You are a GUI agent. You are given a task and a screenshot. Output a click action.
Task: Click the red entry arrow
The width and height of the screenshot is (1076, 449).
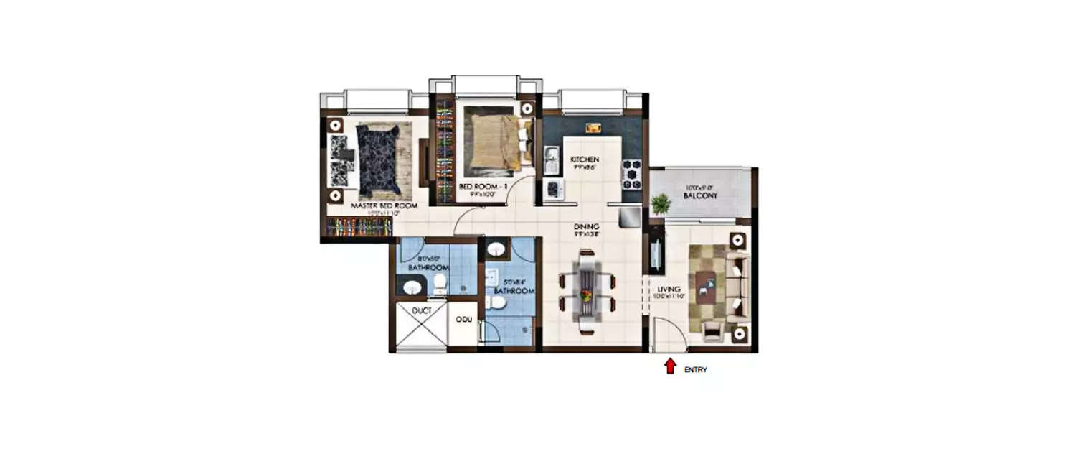coord(670,366)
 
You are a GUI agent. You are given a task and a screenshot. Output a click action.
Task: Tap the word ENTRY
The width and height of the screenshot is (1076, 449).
coord(695,371)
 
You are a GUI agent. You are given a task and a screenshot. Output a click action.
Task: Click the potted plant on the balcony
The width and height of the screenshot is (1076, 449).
coord(661,205)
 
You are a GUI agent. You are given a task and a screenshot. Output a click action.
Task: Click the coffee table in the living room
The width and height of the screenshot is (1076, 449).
coord(707,286)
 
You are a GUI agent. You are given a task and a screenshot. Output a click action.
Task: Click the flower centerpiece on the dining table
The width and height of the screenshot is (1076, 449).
coord(586,295)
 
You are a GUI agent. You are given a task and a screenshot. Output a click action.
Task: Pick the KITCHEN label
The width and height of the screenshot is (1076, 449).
coord(584,159)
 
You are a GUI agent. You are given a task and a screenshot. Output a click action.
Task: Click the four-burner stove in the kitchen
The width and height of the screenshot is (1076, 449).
coord(631,173)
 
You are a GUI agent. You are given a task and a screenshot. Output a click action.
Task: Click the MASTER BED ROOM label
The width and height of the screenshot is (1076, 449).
coord(376,205)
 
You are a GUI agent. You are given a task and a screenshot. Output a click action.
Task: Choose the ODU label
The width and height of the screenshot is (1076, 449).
coord(463,319)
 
